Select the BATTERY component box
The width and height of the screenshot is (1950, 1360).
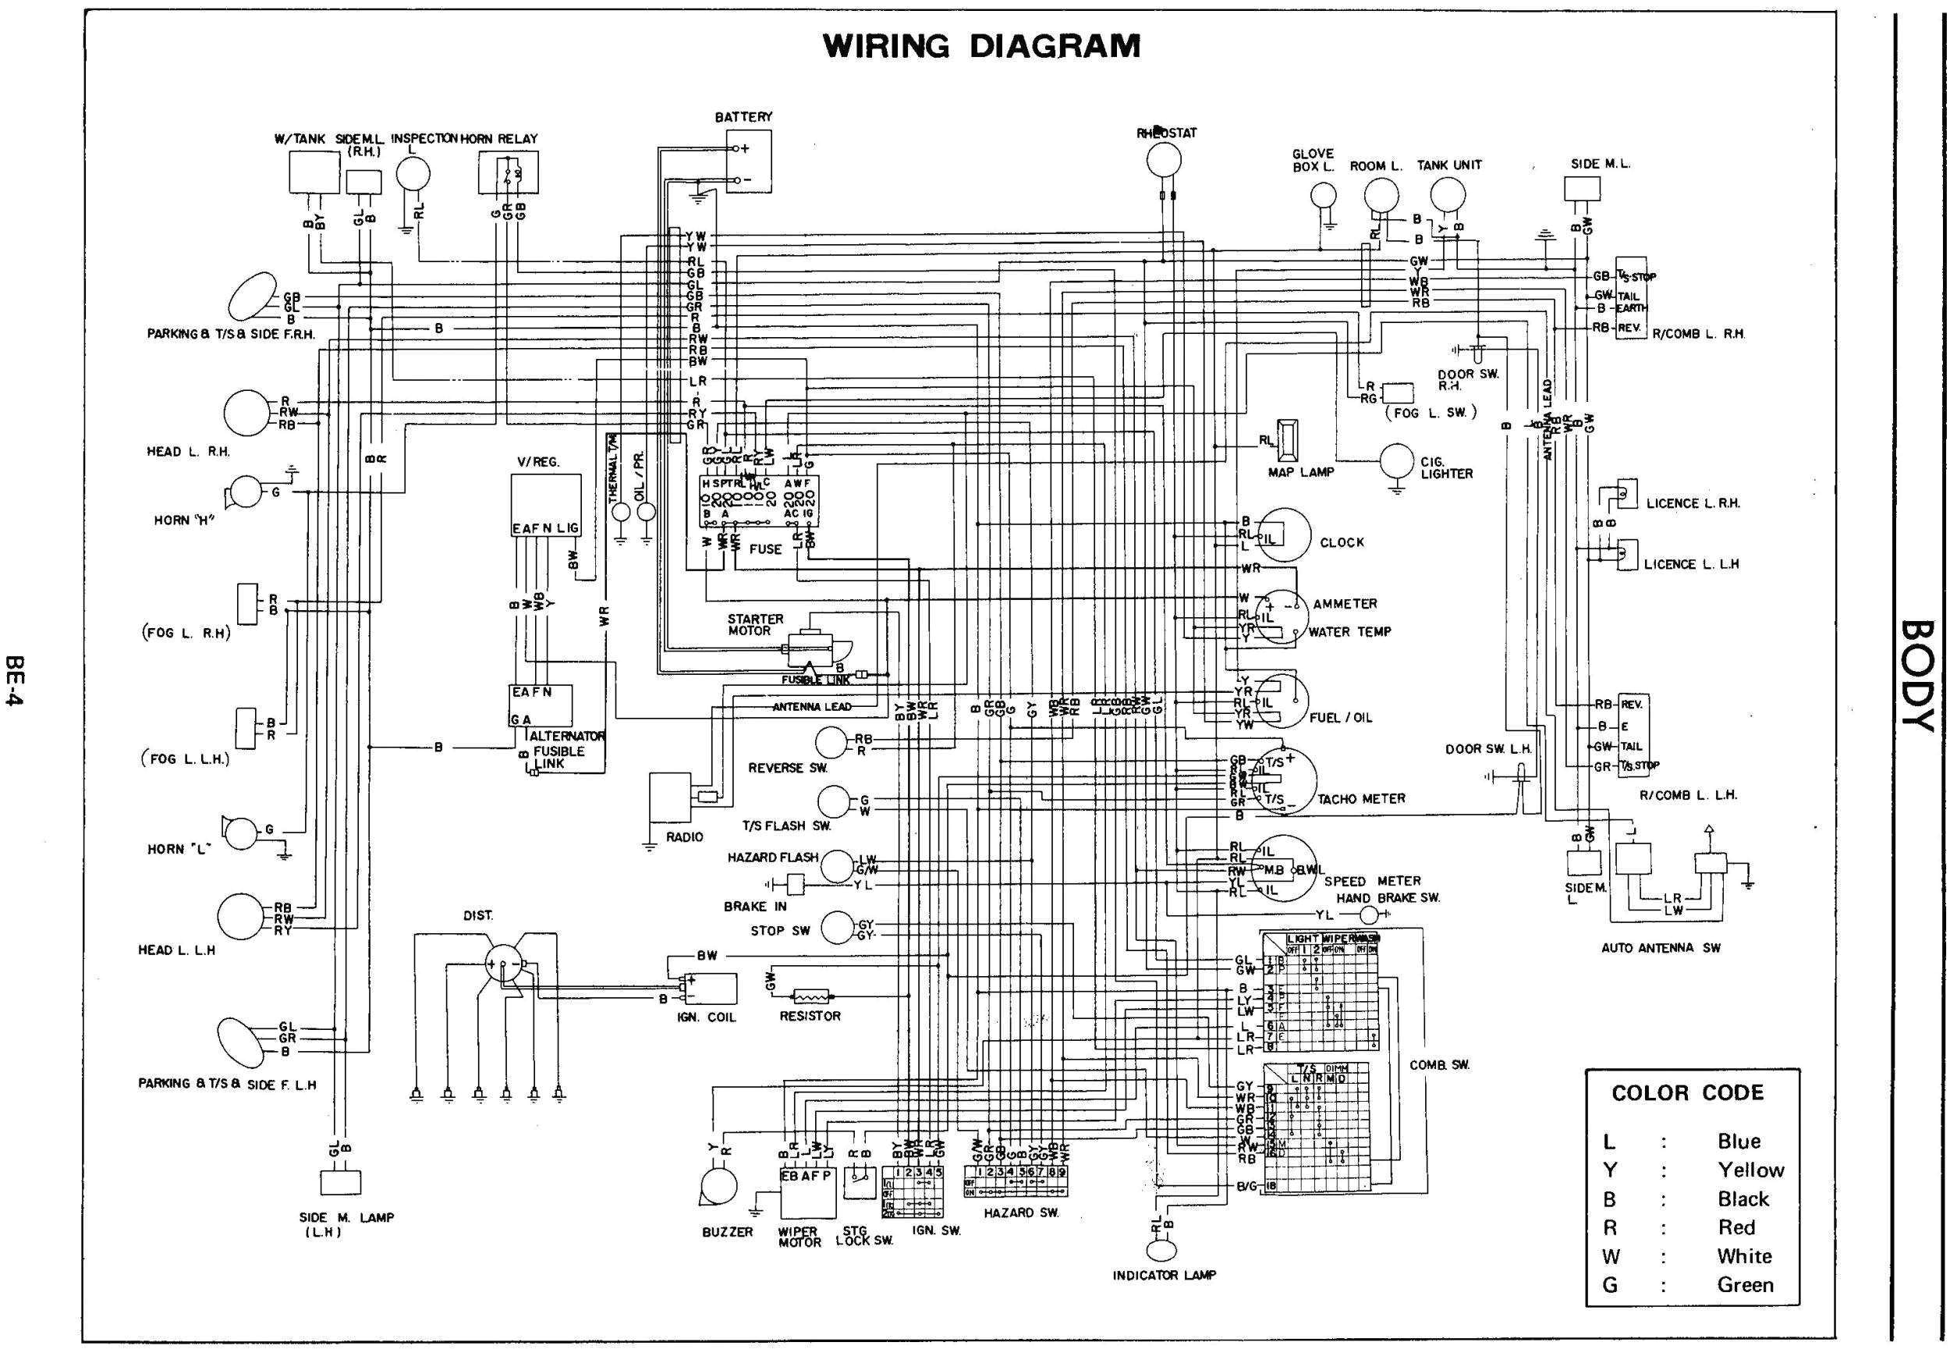tap(749, 161)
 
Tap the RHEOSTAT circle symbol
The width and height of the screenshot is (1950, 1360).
tap(1164, 159)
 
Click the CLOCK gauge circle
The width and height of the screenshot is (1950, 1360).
tap(1283, 535)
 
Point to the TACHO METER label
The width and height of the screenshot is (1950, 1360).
tap(1360, 798)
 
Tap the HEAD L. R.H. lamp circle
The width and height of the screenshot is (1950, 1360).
tap(246, 413)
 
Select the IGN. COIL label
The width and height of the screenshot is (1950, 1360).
tap(706, 1017)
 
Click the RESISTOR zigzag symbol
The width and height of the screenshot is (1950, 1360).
tap(814, 996)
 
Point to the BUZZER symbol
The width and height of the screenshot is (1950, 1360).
tap(719, 1187)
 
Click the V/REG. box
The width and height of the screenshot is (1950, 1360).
tap(545, 506)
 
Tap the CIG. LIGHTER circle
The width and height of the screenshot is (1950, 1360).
tap(1396, 462)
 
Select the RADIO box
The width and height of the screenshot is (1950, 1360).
tap(671, 796)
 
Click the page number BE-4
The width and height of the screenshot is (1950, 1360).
tap(15, 680)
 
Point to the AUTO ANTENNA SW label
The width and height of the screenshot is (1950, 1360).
tap(1661, 947)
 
